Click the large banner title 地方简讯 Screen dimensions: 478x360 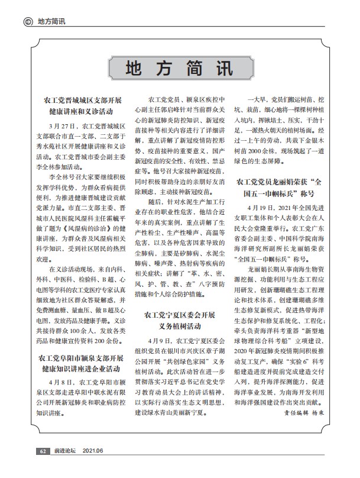(x=179, y=68)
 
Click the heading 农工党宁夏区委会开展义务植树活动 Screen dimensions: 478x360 (x=179, y=320)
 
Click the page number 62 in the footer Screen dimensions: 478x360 (x=43, y=469)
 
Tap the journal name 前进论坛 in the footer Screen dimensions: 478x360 (x=64, y=469)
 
